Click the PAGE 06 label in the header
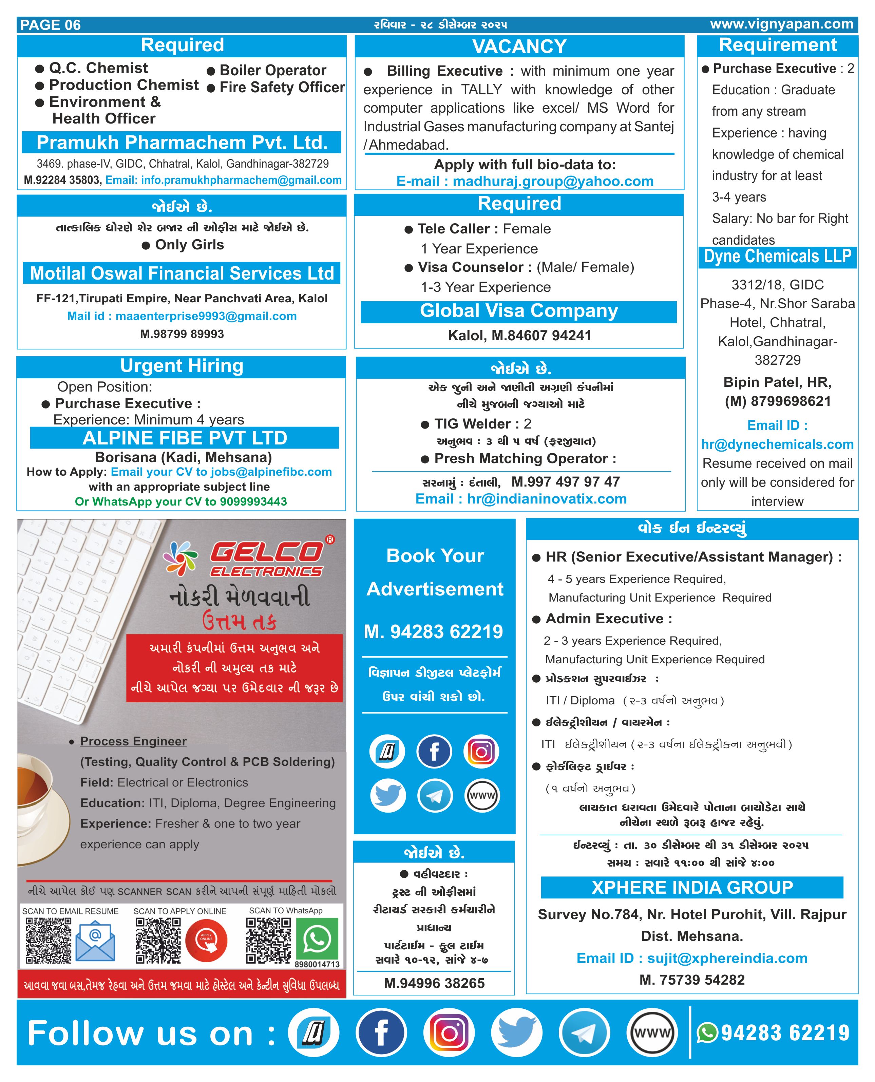point(51,25)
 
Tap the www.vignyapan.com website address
point(781,24)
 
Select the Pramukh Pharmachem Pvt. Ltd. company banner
point(182,143)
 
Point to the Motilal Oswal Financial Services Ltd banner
point(182,273)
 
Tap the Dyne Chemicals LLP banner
point(777,257)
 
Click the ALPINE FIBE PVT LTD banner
point(185,438)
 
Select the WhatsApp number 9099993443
point(253,501)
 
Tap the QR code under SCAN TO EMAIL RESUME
point(49,941)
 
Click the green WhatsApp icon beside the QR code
point(317,939)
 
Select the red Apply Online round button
point(206,941)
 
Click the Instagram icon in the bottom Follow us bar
point(449,1033)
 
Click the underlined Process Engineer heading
point(133,741)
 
